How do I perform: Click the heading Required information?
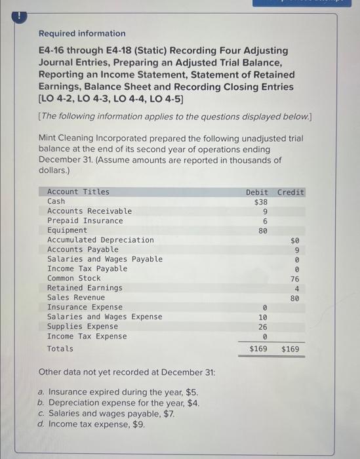[x=82, y=33]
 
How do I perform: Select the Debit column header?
[x=257, y=192]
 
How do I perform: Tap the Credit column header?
[x=290, y=192]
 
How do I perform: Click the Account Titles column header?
[x=79, y=192]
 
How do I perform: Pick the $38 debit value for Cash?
[x=260, y=202]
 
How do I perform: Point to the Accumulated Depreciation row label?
[x=100, y=240]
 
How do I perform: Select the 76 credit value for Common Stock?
[x=294, y=279]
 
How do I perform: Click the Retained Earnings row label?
[x=85, y=288]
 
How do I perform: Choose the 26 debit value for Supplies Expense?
[x=262, y=327]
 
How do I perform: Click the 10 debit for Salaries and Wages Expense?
[x=262, y=317]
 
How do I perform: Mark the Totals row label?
[x=60, y=348]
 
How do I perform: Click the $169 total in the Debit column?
[x=258, y=349]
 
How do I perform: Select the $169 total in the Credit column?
[x=290, y=349]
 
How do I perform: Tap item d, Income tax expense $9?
[x=92, y=424]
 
